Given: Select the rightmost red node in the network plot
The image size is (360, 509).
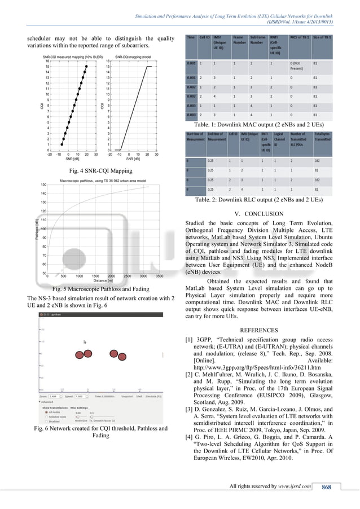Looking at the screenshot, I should tap(135, 354).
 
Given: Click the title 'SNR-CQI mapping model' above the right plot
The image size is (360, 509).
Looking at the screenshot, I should tap(135, 57).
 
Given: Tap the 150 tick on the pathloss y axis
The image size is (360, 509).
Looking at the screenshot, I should tap(43, 185).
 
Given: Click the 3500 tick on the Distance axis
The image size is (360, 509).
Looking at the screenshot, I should tap(160, 276).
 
